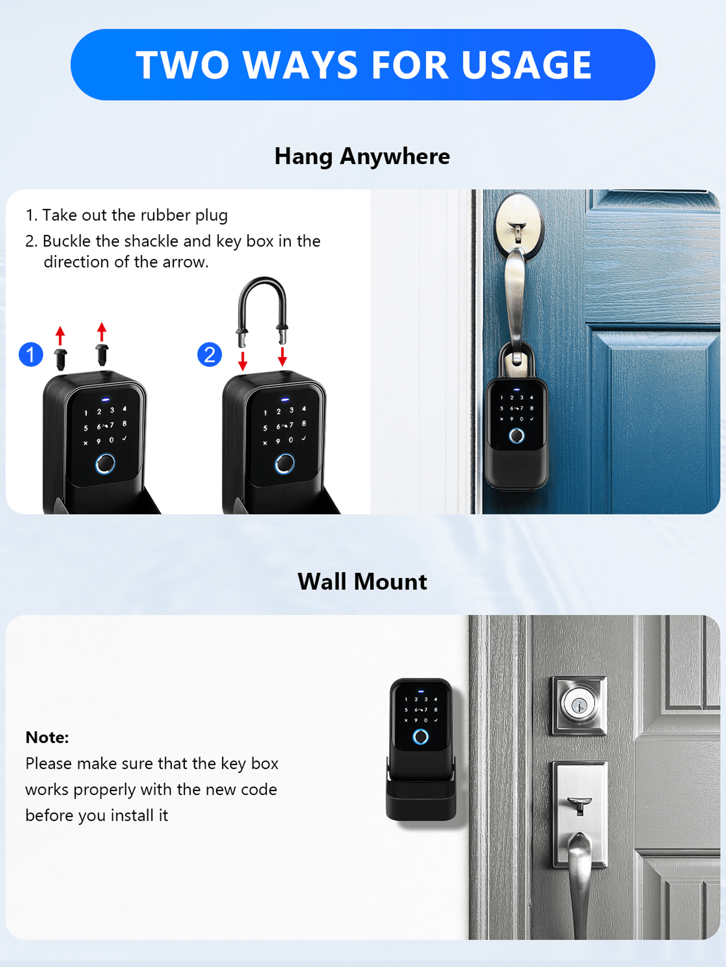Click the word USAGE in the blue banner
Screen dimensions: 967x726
coord(526,65)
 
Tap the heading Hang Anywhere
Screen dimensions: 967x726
coord(362,157)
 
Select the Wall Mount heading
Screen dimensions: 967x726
coord(362,582)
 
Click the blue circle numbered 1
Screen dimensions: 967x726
coord(31,355)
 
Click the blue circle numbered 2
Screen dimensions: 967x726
coord(210,355)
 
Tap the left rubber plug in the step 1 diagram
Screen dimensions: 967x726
coord(61,359)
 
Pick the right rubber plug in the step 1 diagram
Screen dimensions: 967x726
coord(102,354)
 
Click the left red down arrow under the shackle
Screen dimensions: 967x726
coord(243,361)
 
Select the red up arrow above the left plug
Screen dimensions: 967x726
coord(60,335)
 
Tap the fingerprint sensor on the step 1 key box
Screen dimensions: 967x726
coord(105,464)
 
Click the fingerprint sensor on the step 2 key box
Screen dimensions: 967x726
coord(284,464)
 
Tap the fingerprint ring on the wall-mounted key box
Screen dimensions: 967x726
coord(420,737)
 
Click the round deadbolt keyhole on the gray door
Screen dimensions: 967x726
coord(579,705)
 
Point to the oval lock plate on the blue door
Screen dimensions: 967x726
coord(518,225)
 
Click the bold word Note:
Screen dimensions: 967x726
coord(47,737)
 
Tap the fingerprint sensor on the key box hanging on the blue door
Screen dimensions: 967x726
coord(516,436)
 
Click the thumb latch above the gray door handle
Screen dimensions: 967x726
coord(579,804)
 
